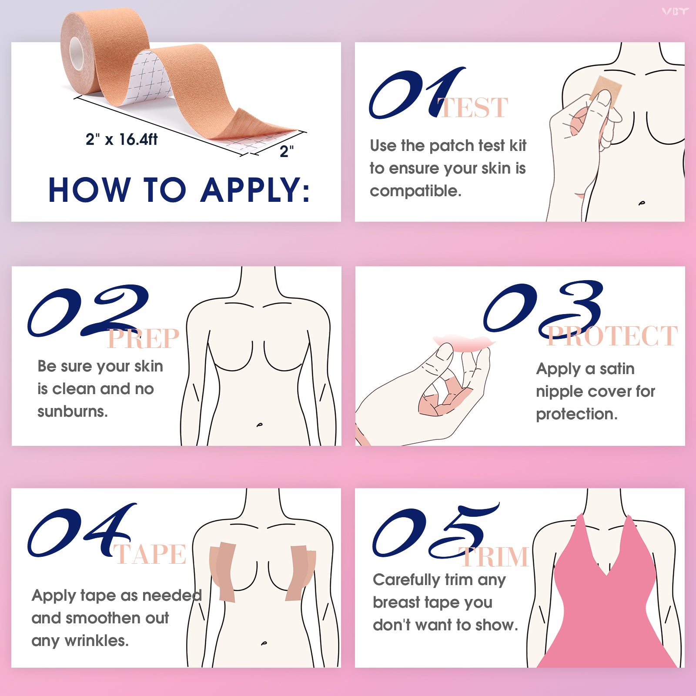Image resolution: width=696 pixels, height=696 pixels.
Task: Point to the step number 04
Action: pyautogui.click(x=80, y=531)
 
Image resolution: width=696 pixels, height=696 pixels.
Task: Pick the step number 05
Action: pyautogui.click(x=435, y=531)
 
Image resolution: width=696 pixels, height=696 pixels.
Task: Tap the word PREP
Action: pyautogui.click(x=144, y=339)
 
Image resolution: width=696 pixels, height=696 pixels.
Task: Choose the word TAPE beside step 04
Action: pyautogui.click(x=150, y=555)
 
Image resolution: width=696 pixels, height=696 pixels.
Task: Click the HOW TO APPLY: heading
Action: pyautogui.click(x=179, y=190)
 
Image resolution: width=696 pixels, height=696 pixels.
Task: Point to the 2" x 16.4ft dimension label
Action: pyautogui.click(x=121, y=140)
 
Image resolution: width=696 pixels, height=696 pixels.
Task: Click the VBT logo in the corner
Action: pyautogui.click(x=675, y=12)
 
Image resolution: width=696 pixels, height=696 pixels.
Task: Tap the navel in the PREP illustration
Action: pyautogui.click(x=260, y=424)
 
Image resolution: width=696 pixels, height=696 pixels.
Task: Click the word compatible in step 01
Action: pyautogui.click(x=415, y=191)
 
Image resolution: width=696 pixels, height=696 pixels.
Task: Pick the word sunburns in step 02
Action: pyautogui.click(x=72, y=412)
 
